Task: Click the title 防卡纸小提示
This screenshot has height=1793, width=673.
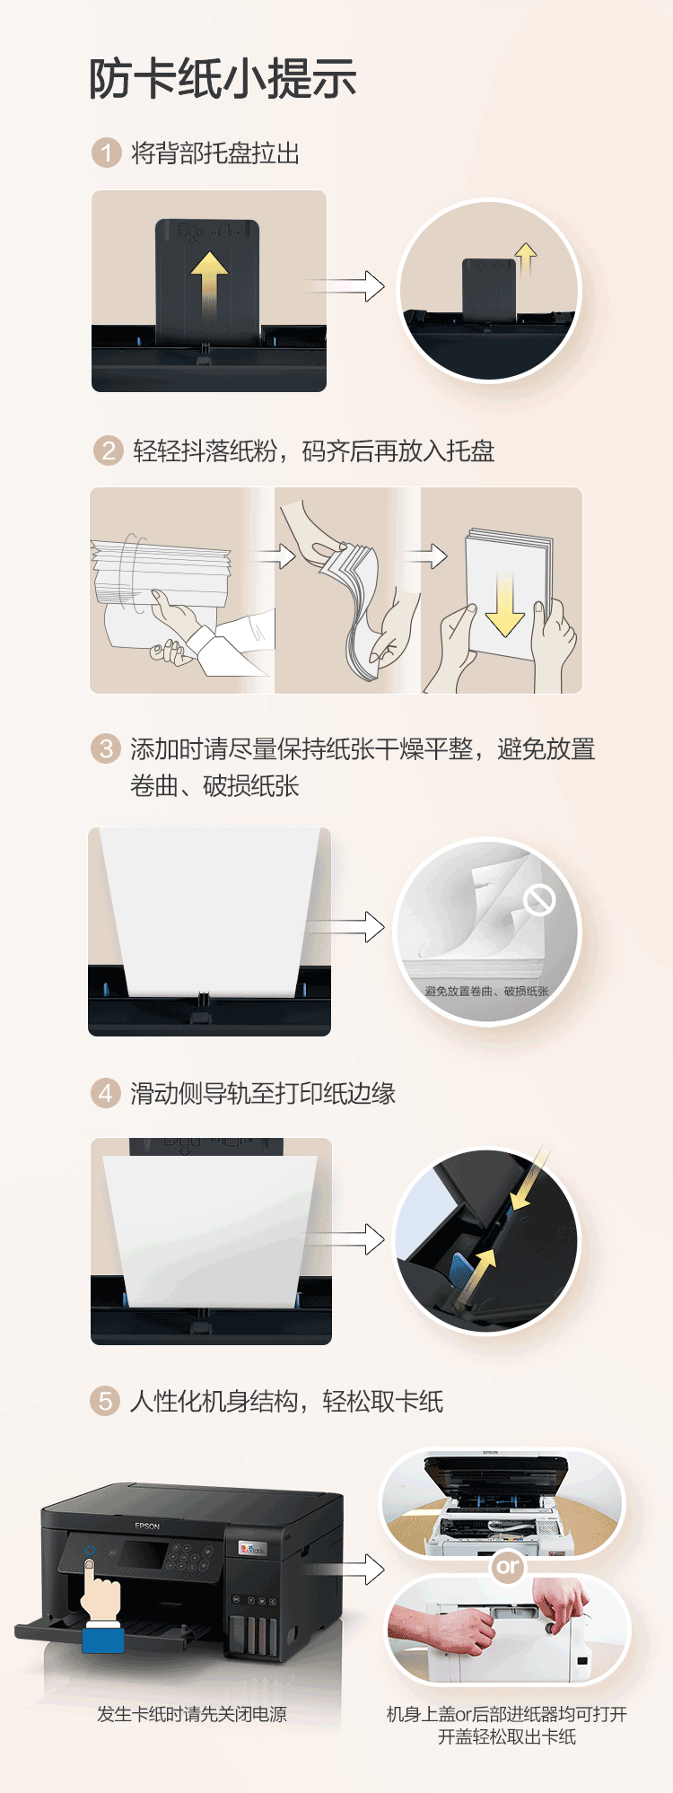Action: [x=223, y=79]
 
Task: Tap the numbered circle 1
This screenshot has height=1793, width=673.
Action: [x=107, y=153]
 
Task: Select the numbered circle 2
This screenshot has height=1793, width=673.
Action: [x=108, y=450]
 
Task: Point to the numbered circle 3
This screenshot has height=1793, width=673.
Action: [x=106, y=748]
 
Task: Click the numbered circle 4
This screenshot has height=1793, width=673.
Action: [x=106, y=1093]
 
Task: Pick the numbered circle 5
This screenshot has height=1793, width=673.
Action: [x=106, y=1401]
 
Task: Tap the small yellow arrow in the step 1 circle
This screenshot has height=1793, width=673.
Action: [x=527, y=259]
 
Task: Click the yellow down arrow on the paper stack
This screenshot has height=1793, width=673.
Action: [x=505, y=604]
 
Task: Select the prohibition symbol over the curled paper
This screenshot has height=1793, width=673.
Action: [x=540, y=899]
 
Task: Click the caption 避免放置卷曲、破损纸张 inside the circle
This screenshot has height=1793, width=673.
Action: [x=486, y=991]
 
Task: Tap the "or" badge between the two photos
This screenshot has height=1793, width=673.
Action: [x=507, y=1567]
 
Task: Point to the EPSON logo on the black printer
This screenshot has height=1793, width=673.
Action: [x=147, y=1526]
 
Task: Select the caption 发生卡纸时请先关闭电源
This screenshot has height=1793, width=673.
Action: [x=192, y=1714]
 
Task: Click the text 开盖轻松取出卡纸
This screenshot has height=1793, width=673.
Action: [x=507, y=1736]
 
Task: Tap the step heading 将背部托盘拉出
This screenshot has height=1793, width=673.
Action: [x=215, y=153]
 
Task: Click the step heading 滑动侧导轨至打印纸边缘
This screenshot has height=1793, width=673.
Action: [x=263, y=1093]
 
